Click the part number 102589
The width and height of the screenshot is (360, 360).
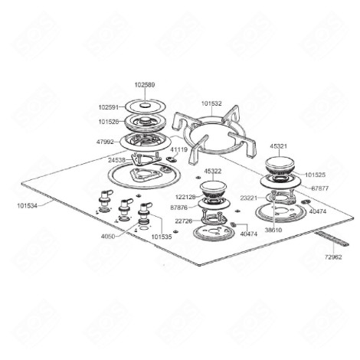pos(144,84)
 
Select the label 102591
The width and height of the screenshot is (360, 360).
pos(109,108)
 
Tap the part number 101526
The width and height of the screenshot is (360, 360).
pos(109,121)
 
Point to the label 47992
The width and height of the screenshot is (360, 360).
pos(106,142)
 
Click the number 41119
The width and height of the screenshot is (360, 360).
pos(178,150)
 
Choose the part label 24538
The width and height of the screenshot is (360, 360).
pos(116,160)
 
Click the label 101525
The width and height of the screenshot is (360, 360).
pos(315,175)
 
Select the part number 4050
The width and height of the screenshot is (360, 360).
pos(108,237)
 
